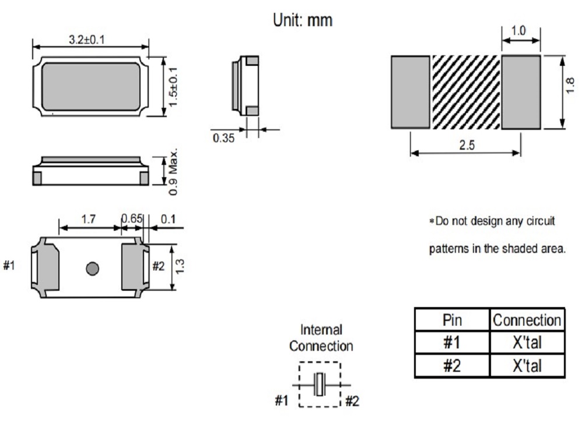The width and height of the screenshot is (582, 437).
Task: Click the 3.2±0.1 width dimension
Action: coord(90,39)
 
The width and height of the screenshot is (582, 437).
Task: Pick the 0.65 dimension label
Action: coord(131,219)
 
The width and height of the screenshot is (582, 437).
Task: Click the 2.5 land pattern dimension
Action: coord(465,145)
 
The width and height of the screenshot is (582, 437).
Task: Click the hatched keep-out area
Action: coord(466,92)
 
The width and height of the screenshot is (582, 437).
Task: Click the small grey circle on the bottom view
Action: coord(92,269)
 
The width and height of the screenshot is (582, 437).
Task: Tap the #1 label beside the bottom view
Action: coord(10,266)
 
